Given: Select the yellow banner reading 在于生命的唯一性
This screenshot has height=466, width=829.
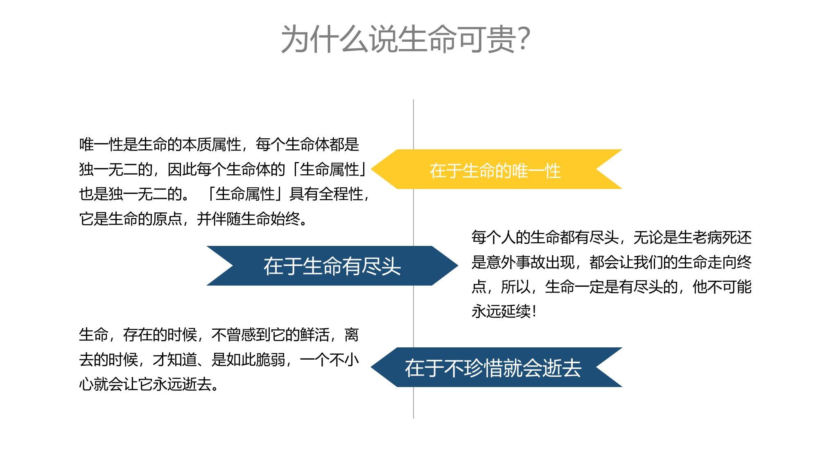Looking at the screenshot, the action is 497,169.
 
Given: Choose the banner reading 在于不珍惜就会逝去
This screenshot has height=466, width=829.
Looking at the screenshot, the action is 497,367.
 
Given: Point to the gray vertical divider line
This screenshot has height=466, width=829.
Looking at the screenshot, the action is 413,259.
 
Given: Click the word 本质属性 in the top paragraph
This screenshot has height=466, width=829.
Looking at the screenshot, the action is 212,144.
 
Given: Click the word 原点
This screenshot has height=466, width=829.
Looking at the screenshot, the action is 167,219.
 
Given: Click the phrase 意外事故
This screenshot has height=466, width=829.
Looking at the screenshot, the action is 516,262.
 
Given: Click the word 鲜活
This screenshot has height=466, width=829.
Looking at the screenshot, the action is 315,335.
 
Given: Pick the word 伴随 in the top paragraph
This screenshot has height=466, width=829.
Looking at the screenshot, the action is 226,219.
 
